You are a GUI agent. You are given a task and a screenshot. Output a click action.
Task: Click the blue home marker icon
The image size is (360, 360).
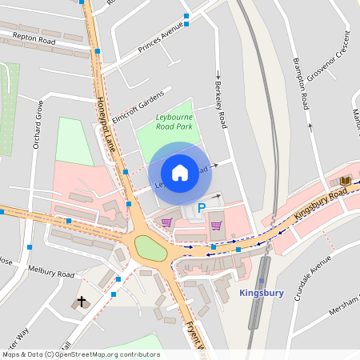coord(180,172)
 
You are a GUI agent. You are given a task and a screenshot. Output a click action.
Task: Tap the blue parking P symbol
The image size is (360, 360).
coord(202,207)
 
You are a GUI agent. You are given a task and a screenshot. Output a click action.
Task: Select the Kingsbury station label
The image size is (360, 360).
coord(262,293)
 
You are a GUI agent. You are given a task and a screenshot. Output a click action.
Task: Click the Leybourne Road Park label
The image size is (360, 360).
coord(174,122)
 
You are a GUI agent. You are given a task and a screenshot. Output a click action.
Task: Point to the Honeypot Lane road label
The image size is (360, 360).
coord(106,124)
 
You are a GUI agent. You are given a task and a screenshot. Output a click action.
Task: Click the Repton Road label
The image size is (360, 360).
coord(34,38)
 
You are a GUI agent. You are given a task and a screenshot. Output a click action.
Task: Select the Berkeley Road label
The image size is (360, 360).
coord(221,103)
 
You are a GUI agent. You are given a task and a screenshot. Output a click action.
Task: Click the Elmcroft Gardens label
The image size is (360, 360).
coord(137,107)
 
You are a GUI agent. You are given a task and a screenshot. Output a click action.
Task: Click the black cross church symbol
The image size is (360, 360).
coord(81,302)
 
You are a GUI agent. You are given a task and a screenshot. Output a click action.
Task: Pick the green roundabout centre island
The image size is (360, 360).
coord(151,248)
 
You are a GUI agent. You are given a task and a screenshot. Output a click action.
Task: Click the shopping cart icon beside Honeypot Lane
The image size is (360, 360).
coord(166,223)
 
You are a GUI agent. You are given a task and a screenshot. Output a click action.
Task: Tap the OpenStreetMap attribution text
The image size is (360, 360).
coord(80,354)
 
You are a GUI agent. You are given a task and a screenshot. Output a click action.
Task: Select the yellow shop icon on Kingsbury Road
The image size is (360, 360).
coord(345,182)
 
